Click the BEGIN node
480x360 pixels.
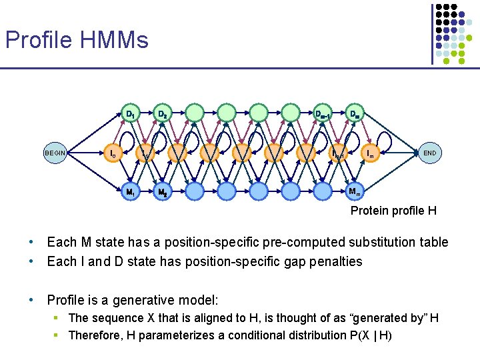point(55,153)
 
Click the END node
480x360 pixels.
point(429,153)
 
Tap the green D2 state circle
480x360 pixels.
point(162,113)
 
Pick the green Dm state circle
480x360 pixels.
point(356,113)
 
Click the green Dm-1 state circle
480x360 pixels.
point(323,113)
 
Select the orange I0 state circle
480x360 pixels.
point(114,153)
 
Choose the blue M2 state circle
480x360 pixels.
point(162,193)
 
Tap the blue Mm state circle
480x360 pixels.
point(356,193)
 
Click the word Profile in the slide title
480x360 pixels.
point(38,40)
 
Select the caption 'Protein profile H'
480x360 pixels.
point(393,211)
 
